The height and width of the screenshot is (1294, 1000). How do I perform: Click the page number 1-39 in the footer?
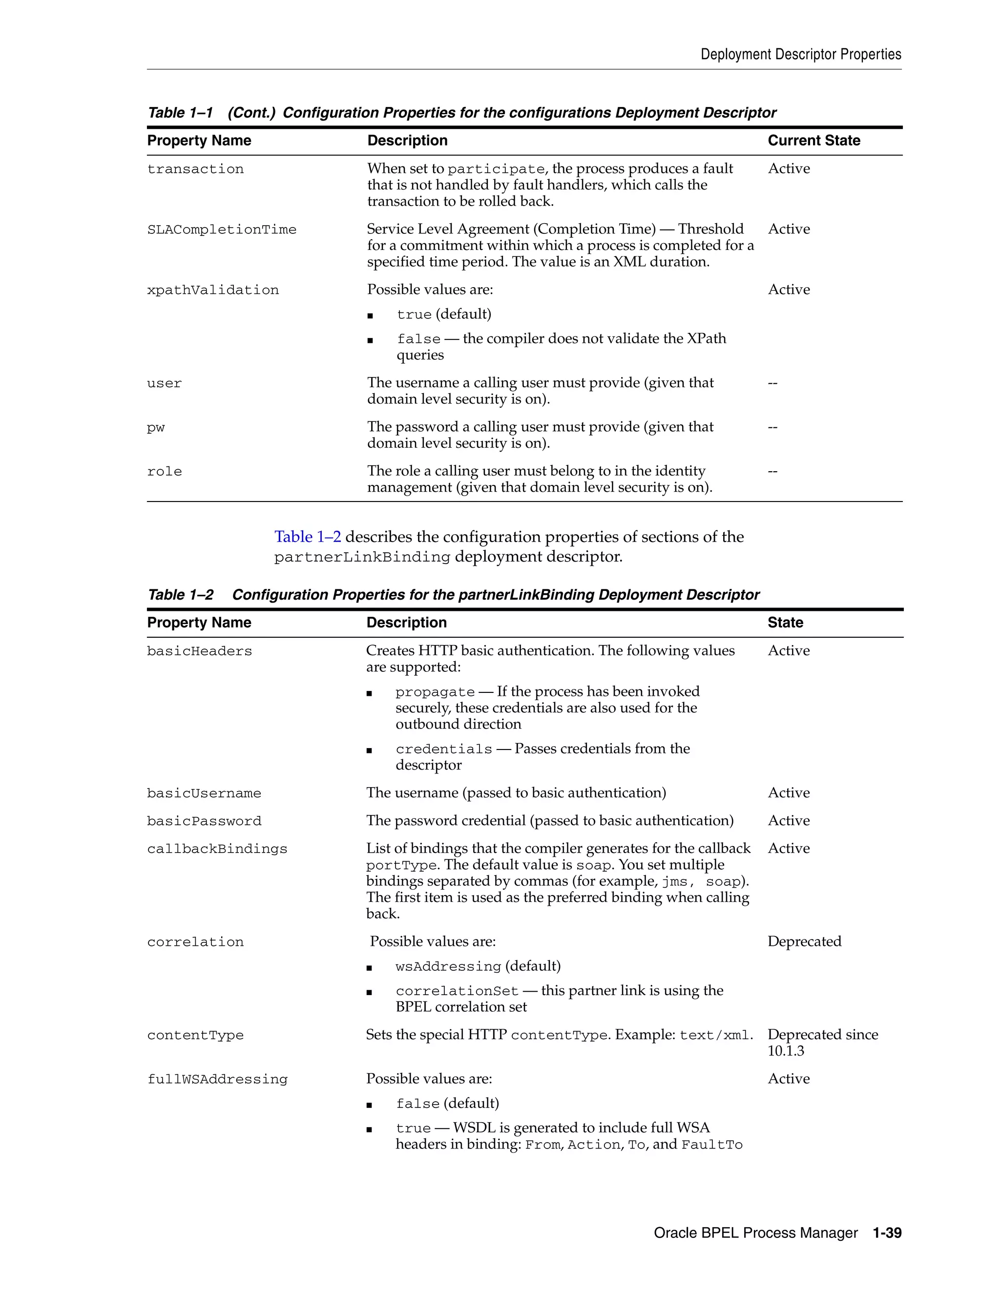[x=887, y=1233]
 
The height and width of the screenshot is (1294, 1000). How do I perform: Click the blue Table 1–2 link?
[x=308, y=537]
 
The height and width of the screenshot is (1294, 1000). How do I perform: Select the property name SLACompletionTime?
[x=222, y=230]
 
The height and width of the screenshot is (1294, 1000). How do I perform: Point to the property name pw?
[x=156, y=428]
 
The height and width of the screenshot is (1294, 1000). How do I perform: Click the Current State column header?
[x=813, y=141]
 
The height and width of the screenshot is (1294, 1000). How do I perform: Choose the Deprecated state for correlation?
[x=804, y=941]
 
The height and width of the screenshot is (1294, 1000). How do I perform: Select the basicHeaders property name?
[x=199, y=651]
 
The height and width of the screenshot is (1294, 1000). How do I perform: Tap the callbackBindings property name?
[x=217, y=849]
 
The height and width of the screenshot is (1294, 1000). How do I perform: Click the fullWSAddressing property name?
[x=217, y=1080]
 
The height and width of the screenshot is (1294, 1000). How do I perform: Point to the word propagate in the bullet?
[x=435, y=692]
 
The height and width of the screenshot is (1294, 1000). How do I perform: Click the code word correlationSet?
[x=457, y=991]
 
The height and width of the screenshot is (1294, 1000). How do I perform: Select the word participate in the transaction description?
[x=496, y=169]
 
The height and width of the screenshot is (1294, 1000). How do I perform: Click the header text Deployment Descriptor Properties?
[x=800, y=55]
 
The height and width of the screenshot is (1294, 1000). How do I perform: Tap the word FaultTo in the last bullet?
[x=711, y=1145]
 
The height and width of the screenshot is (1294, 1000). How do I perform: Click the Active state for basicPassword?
[x=789, y=821]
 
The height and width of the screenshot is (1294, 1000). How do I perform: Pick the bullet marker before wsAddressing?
[x=369, y=968]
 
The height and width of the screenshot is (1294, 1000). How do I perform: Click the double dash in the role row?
[x=772, y=472]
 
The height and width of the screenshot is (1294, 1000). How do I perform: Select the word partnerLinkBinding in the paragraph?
[x=362, y=558]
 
